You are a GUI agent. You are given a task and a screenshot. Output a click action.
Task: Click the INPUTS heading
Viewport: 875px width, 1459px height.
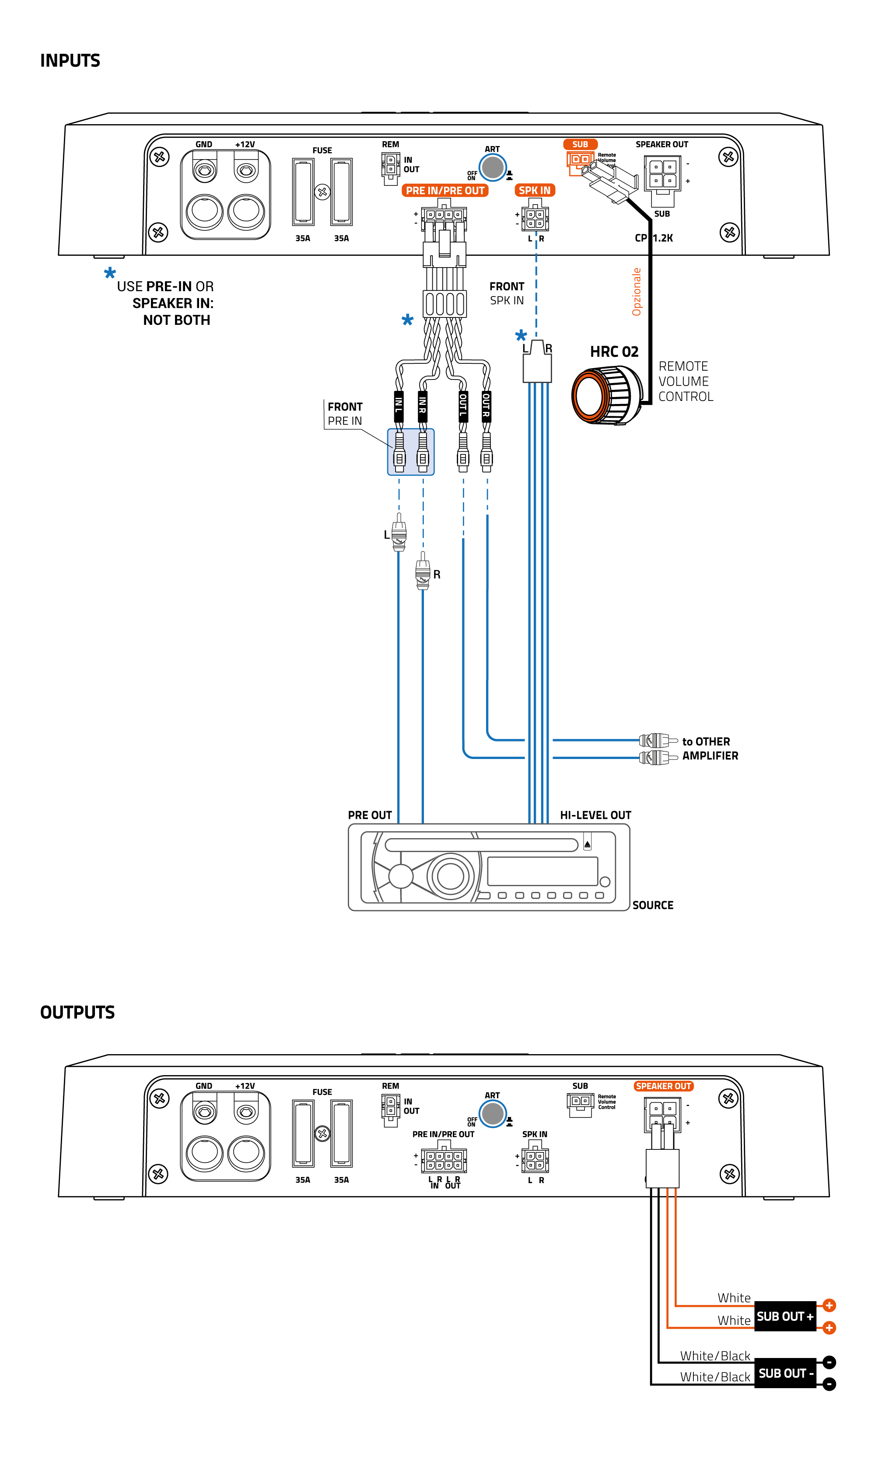tap(70, 61)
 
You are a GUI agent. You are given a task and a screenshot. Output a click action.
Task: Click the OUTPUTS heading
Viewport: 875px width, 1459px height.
tap(77, 1012)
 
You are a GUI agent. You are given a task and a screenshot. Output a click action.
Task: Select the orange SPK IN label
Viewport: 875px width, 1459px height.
tap(534, 190)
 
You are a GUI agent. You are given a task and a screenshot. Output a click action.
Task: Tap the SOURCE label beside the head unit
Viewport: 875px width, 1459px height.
tap(652, 905)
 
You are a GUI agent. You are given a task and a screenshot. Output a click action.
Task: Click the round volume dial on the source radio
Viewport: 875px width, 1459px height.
tap(451, 876)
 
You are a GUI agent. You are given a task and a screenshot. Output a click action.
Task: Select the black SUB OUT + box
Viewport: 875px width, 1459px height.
tap(785, 1316)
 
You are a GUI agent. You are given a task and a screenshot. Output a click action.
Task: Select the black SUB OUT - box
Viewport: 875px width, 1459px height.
tap(785, 1373)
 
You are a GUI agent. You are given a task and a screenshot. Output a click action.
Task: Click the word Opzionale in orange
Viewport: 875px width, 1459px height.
tap(636, 292)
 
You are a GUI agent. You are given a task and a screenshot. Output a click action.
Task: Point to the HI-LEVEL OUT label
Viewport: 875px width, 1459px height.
tap(595, 815)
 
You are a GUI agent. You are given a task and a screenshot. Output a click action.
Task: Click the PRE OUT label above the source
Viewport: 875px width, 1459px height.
tap(370, 815)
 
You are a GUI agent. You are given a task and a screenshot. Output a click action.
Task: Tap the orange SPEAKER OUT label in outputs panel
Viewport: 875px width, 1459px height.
tap(663, 1086)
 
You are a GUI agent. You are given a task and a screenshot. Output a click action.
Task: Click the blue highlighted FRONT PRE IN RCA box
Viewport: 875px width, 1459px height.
tap(410, 452)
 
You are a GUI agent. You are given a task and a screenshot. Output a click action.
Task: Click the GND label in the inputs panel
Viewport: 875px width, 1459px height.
tap(203, 144)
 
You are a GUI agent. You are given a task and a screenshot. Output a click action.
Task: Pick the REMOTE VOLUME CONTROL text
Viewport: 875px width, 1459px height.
tap(685, 381)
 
